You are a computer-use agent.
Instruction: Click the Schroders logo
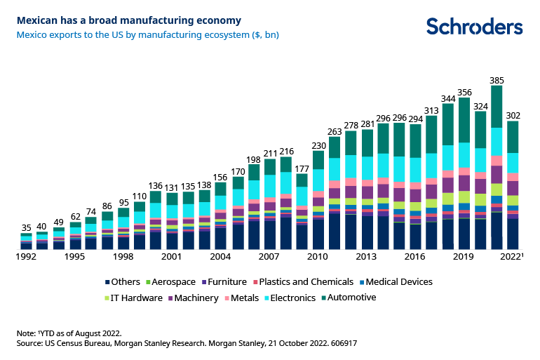coord(475,26)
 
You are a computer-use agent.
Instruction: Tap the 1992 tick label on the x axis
coord(27,257)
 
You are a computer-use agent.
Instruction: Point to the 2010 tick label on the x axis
coord(318,257)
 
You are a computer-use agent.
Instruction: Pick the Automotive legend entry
coord(349,298)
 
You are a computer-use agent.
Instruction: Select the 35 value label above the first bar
coord(27,227)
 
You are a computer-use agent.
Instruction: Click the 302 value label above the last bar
coord(513,115)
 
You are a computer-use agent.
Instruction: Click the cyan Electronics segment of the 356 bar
coord(464,155)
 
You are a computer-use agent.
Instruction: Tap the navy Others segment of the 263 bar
coord(335,231)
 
